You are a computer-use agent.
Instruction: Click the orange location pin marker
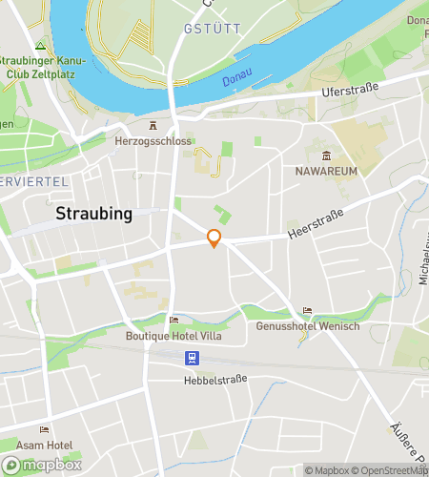pyautogui.click(x=214, y=239)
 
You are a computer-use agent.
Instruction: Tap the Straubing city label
pyautogui.click(x=93, y=213)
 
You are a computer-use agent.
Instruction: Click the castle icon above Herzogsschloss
pyautogui.click(x=152, y=125)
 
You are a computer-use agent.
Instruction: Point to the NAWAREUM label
pyautogui.click(x=326, y=171)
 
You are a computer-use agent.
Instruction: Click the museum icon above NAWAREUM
pyautogui.click(x=326, y=156)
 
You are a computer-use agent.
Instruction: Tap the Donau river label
pyautogui.click(x=236, y=81)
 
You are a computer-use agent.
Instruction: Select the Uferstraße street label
pyautogui.click(x=351, y=91)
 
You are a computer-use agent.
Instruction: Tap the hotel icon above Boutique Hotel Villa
pyautogui.click(x=173, y=321)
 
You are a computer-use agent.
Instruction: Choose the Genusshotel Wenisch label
pyautogui.click(x=308, y=326)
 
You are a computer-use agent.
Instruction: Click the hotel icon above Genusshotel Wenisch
pyautogui.click(x=307, y=311)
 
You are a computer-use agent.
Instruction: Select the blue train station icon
pyautogui.click(x=193, y=358)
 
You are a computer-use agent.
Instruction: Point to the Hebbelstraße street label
pyautogui.click(x=215, y=380)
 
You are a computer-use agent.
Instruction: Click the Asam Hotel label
pyautogui.click(x=44, y=446)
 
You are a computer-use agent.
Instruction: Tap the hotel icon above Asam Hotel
pyautogui.click(x=45, y=430)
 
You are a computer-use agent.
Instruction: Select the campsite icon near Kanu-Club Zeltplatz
pyautogui.click(x=39, y=46)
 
